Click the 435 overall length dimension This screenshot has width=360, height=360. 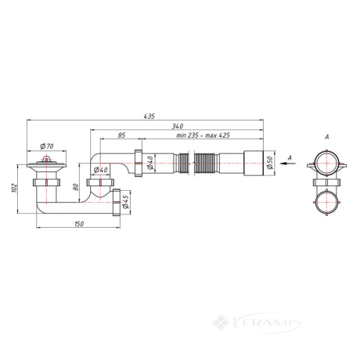tap(149, 116)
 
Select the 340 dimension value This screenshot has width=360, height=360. tap(178, 126)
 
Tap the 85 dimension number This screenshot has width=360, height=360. tap(121, 135)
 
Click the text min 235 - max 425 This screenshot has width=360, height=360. tap(203, 135)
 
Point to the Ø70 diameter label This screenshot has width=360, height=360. tap(47, 146)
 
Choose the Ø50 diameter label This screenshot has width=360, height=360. tap(269, 163)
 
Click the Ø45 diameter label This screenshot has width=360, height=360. tap(125, 202)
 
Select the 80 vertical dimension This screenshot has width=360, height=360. tap(76, 187)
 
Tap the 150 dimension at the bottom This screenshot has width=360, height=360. tap(79, 224)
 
